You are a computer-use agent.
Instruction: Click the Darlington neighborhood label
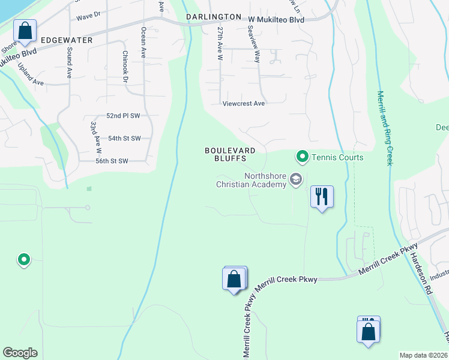pos(214,17)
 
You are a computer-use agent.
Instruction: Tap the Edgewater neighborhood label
pos(67,40)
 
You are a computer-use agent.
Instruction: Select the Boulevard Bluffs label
pos(230,154)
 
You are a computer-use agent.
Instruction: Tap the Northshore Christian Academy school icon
pos(295,179)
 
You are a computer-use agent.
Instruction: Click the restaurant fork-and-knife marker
pos(322,196)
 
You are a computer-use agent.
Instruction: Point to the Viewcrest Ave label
pos(243,103)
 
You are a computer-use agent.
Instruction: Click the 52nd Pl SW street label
pos(122,115)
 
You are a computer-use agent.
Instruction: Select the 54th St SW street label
pos(124,138)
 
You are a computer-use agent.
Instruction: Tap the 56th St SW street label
pos(112,161)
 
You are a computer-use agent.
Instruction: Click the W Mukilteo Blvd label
pos(276,20)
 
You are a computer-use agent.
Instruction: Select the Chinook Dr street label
pos(125,66)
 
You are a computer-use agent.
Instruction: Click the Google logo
pos(20,353)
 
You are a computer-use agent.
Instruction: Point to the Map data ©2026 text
pos(423,355)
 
